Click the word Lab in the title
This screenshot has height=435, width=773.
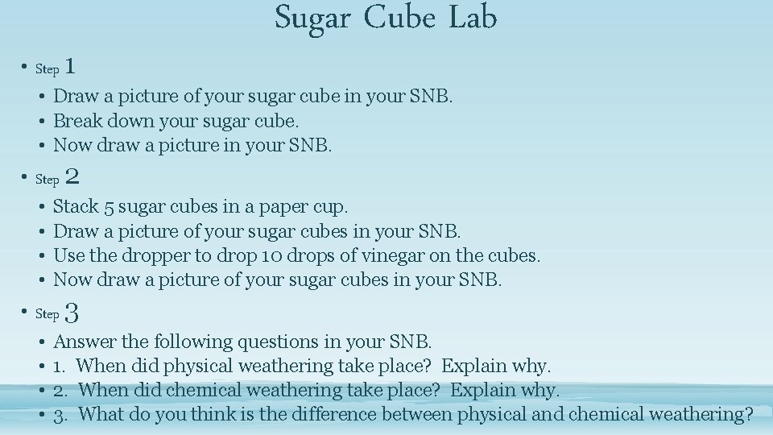[473, 18]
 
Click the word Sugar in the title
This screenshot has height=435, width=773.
[312, 18]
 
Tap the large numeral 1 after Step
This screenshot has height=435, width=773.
[71, 66]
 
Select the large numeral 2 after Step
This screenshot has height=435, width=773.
[71, 176]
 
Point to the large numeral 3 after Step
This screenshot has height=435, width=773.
[71, 312]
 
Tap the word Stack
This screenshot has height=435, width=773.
[76, 207]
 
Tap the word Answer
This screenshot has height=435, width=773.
[84, 342]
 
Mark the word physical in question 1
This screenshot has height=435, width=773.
[197, 367]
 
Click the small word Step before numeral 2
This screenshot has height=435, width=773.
[47, 180]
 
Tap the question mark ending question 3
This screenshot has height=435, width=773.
[748, 415]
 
